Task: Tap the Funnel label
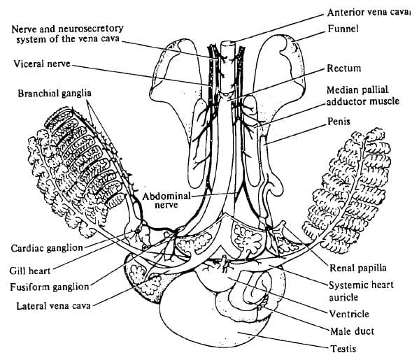click(343, 29)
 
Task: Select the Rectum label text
click(343, 69)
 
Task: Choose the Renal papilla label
click(357, 267)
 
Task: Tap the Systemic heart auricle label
click(361, 290)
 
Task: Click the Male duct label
click(351, 331)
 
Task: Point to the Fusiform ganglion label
click(50, 287)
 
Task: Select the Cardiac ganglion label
click(47, 248)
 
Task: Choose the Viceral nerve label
click(41, 64)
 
